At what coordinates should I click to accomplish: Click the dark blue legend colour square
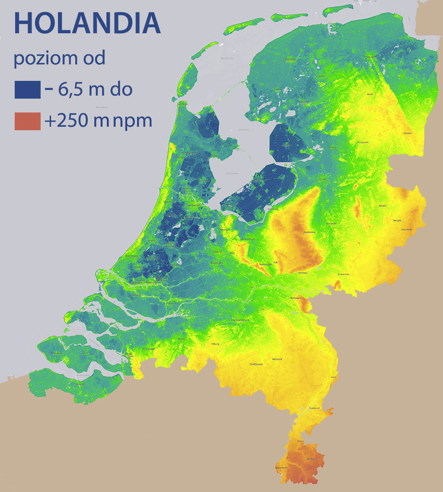point(28,89)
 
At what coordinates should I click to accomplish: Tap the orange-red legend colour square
point(28,120)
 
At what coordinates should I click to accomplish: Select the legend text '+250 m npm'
point(98,120)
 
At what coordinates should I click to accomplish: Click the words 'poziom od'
point(59,58)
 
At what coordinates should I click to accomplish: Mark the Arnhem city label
point(302,273)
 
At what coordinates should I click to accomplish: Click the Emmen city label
point(408,133)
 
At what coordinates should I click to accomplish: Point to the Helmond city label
point(277,359)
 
